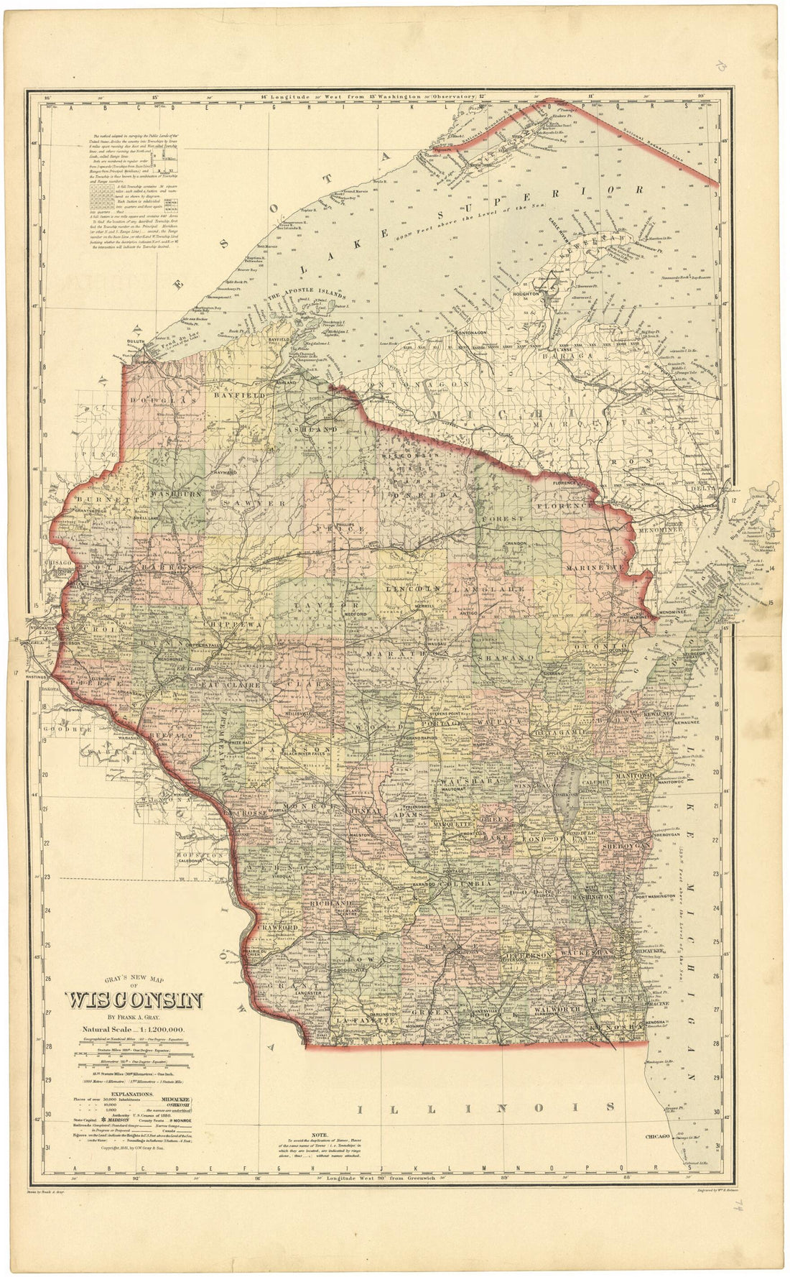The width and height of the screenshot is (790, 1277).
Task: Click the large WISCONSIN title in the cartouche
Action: click(134, 1000)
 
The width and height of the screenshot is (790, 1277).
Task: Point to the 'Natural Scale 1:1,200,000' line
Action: click(134, 1030)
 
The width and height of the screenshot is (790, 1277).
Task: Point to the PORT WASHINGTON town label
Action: click(655, 896)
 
